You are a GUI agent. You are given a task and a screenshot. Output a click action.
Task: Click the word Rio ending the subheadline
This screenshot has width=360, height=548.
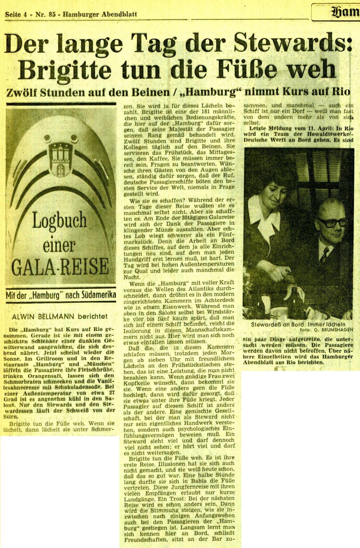click(x=341, y=91)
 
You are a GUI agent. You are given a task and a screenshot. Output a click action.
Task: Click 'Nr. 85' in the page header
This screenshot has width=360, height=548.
click(x=44, y=15)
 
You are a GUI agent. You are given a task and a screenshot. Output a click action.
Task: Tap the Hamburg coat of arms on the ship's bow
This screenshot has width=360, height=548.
click(x=61, y=159)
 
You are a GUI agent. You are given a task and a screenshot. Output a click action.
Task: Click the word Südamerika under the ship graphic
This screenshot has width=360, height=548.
click(x=97, y=295)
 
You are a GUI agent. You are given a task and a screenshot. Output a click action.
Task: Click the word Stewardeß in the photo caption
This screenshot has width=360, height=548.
click(x=265, y=324)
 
